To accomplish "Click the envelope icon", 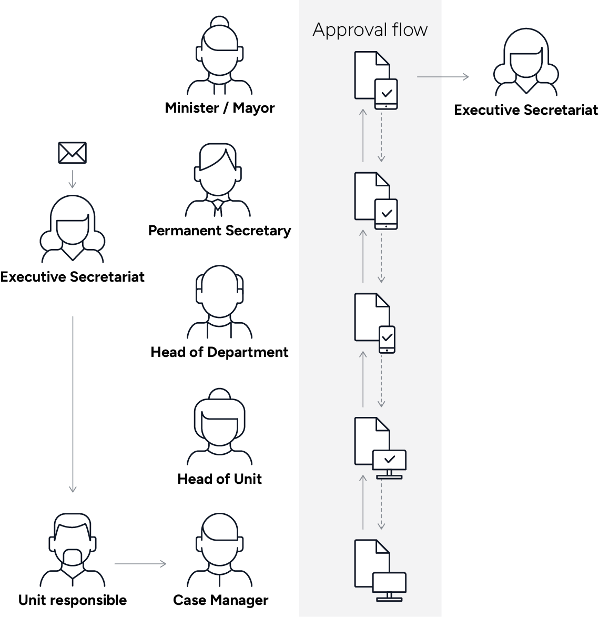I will tap(72, 153).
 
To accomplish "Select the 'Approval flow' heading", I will tap(370, 29).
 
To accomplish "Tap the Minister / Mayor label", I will tap(220, 108).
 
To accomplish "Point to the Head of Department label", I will tap(219, 352).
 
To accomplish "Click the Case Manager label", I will tap(220, 600).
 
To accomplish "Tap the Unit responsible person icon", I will tap(73, 550).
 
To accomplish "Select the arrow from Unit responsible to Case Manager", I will tap(140, 564).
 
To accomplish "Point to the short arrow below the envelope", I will tap(73, 179).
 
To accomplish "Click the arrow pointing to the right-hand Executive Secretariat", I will tap(443, 77).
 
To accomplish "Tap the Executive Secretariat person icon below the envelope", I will tap(73, 230).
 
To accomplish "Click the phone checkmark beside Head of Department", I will tap(387, 339).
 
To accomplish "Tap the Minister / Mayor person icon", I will tap(220, 56).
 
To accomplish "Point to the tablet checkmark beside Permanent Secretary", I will tap(387, 214).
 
